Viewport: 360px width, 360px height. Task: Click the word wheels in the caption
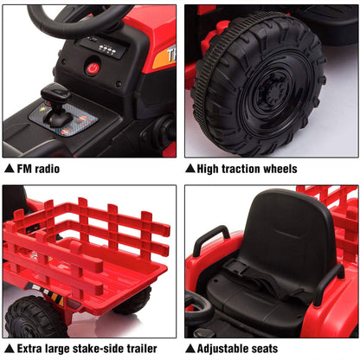pyautogui.click(x=281, y=169)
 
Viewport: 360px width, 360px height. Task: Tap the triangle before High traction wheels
pyautogui.click(x=190, y=169)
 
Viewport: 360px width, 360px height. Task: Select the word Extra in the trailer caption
pyautogui.click(x=30, y=349)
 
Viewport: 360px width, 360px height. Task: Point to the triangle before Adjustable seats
pyautogui.click(x=190, y=349)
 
